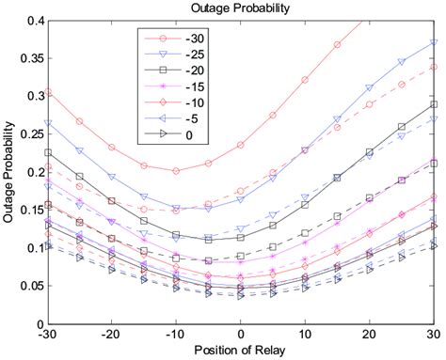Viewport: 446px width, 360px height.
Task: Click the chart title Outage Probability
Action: (241, 8)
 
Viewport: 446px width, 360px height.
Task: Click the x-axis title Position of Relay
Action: (241, 352)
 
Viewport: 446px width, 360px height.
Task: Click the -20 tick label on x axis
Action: (111, 334)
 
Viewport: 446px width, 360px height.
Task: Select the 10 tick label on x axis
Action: (305, 334)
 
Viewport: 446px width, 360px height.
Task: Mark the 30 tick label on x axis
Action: (434, 334)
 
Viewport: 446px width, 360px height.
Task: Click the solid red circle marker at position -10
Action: (176, 170)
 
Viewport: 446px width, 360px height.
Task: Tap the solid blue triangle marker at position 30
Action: (434, 42)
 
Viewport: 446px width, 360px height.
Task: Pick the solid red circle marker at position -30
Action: (48, 92)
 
